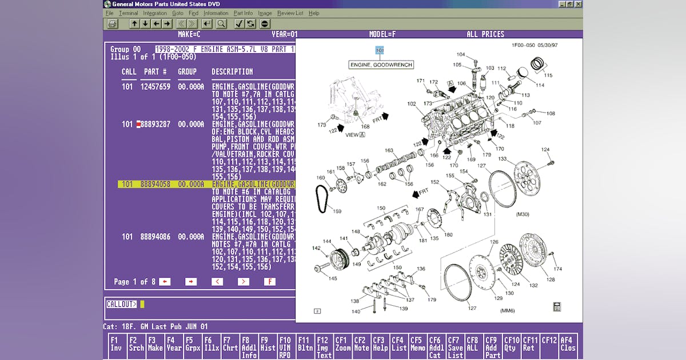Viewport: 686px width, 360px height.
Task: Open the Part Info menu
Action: tap(243, 13)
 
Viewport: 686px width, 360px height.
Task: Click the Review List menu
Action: tap(290, 13)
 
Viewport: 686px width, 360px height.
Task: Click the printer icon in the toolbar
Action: tap(113, 23)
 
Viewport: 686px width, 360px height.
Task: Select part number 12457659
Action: tap(155, 87)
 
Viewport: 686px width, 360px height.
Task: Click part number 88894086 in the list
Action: tap(155, 237)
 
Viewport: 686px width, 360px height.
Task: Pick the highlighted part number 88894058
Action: tap(155, 185)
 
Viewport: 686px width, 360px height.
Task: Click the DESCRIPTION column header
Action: tap(232, 71)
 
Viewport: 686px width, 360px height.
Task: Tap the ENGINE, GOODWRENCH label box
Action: tap(381, 65)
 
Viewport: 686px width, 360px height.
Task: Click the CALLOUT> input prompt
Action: tap(122, 304)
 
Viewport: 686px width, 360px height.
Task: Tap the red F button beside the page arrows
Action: tap(269, 282)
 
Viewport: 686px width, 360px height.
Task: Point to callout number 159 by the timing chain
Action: tap(337, 211)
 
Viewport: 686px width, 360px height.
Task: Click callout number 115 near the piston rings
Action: tap(548, 75)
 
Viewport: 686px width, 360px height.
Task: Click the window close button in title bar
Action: tap(579, 4)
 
